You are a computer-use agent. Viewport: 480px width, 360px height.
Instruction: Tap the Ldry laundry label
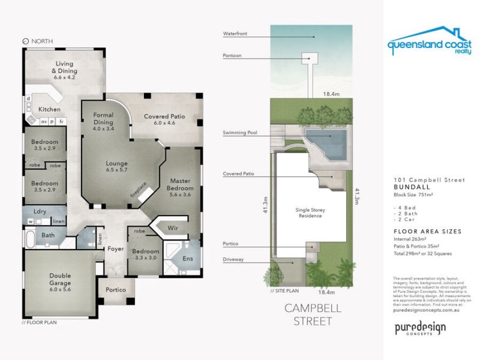(x=40, y=211)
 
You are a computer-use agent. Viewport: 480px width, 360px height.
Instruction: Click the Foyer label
(x=115, y=248)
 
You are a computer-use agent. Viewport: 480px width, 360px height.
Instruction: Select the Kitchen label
(x=49, y=110)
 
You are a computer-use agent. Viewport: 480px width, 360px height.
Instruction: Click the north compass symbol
(x=25, y=41)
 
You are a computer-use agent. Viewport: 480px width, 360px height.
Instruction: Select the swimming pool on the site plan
(x=328, y=143)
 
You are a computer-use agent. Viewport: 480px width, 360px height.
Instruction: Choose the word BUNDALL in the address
(x=407, y=187)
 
